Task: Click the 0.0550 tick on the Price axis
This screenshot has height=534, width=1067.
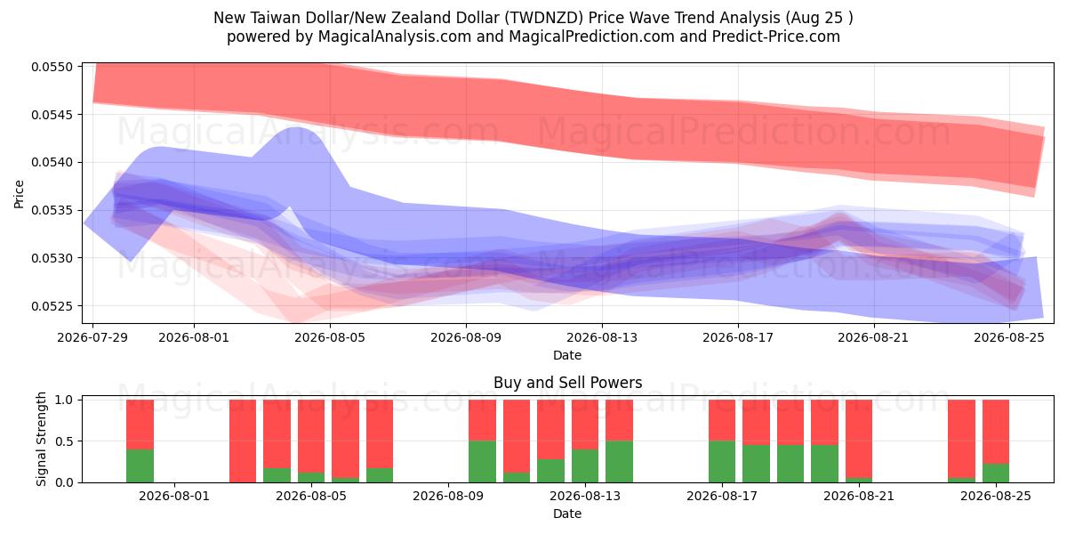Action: point(52,67)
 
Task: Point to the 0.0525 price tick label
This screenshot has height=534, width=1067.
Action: point(52,306)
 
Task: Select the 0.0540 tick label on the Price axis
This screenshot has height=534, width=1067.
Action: point(52,163)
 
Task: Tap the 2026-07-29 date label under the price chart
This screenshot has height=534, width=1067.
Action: point(92,337)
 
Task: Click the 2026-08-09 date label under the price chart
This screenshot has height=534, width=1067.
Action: point(466,337)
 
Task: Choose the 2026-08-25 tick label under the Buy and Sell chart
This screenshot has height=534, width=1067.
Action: point(996,497)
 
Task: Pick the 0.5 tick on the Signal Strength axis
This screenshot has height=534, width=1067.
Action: point(64,441)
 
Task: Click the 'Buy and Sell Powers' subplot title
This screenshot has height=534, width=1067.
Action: point(568,383)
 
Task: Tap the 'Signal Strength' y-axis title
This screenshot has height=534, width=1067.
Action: point(42,439)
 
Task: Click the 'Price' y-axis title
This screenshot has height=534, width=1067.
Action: point(19,194)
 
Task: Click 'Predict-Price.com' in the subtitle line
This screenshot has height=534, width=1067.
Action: point(776,36)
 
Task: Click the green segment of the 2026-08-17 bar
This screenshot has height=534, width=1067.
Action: point(722,462)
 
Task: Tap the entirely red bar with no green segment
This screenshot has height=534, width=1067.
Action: point(243,441)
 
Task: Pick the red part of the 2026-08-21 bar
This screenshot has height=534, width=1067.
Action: point(859,439)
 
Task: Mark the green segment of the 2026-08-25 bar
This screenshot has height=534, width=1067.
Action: point(996,473)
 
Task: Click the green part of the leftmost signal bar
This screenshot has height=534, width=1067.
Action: point(140,465)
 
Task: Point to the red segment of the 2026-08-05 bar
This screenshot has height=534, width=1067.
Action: point(311,436)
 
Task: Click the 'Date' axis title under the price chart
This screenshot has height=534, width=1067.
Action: point(567,355)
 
